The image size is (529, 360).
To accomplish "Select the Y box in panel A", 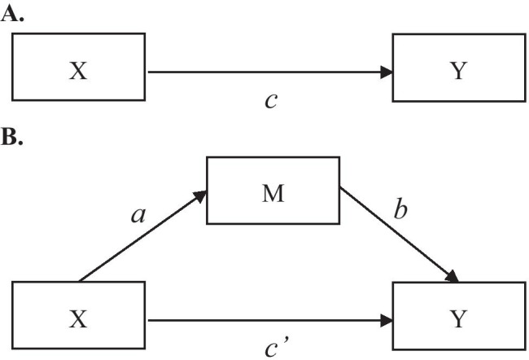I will (x=459, y=72).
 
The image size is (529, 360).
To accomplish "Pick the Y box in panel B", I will (x=459, y=319).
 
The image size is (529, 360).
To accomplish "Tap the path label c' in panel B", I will (x=273, y=349).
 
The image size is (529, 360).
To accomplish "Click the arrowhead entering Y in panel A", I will (x=387, y=72).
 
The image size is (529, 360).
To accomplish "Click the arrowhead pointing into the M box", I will (x=199, y=193).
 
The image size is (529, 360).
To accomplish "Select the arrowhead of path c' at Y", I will (x=387, y=320).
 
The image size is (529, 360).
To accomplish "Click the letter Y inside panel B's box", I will (x=459, y=319).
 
